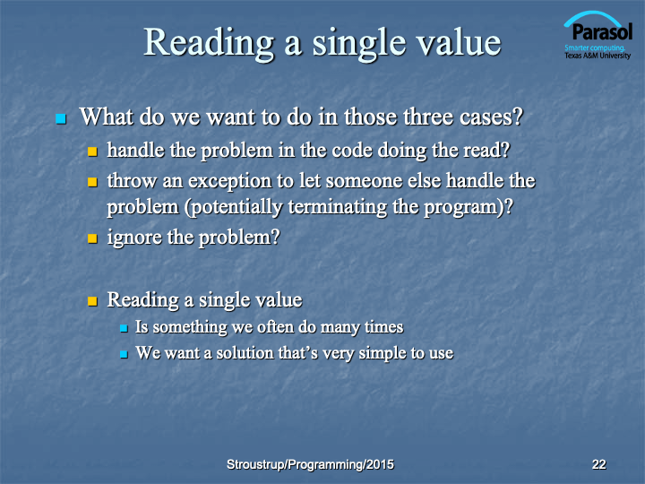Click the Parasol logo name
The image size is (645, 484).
point(602,31)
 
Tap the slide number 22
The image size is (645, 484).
point(598,464)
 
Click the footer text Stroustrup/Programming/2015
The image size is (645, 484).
point(310,464)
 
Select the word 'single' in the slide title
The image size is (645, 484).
point(360,44)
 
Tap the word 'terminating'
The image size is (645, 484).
point(338,207)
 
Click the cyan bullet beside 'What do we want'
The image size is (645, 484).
point(61,119)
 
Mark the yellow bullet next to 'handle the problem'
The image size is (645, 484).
point(92,151)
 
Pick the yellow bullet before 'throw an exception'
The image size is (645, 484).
point(92,182)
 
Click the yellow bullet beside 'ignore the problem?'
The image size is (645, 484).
point(92,238)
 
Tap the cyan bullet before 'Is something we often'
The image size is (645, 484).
point(124,328)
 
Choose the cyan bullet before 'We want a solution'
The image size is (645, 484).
point(124,354)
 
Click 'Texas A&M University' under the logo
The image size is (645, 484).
point(598,56)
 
